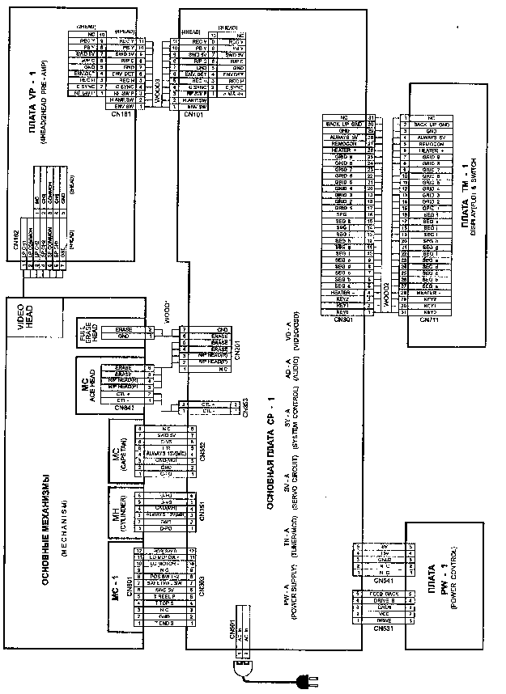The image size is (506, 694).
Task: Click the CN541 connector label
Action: (x=363, y=580)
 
